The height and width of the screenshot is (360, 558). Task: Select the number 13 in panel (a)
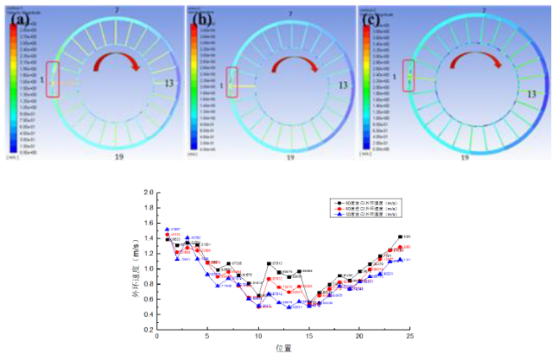coord(171,84)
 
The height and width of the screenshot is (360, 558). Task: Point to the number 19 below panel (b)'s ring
coord(290,157)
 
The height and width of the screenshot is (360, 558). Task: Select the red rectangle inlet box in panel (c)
coord(409,77)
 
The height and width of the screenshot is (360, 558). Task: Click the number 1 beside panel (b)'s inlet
coord(222,86)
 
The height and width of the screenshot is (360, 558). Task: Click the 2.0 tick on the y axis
coord(149,193)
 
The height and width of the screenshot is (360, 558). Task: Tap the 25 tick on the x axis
coord(409,337)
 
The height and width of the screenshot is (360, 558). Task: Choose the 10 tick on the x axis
coord(259,337)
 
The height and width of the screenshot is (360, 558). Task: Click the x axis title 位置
coord(283,348)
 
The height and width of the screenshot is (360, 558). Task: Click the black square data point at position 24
coord(400,237)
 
